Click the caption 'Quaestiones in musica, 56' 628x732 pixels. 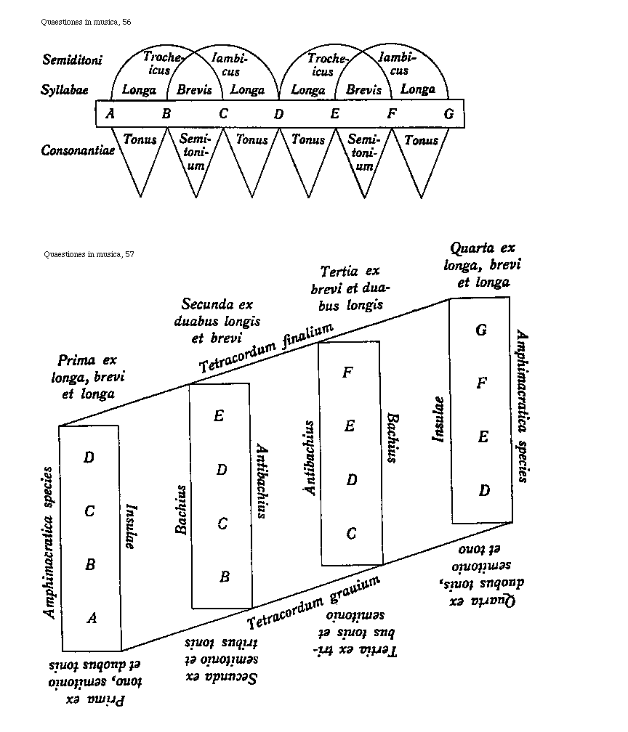[x=86, y=23]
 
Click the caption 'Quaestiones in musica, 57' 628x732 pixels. [x=89, y=254]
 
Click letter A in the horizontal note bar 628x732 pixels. [x=110, y=113]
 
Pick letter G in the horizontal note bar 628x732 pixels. [x=448, y=113]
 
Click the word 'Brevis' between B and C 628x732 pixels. [x=195, y=91]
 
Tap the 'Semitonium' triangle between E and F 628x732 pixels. [x=364, y=152]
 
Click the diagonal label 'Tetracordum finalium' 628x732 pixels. [x=266, y=349]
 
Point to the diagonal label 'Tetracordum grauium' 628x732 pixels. [x=314, y=602]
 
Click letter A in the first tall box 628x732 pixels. [x=92, y=618]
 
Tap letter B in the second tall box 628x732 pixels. [x=225, y=577]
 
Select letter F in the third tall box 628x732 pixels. [x=347, y=373]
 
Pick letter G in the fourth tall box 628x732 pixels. [x=481, y=330]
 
